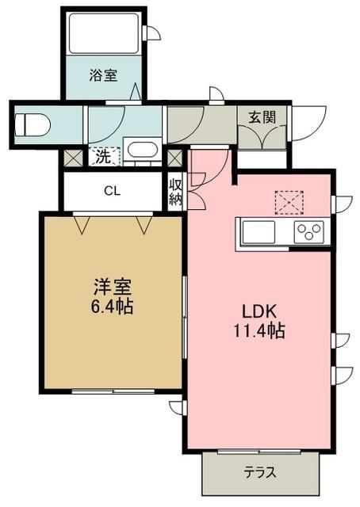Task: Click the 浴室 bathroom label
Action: [103, 75]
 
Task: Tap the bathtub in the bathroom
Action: [104, 33]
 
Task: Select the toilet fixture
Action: [33, 125]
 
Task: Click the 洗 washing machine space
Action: [104, 157]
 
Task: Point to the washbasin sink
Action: [143, 150]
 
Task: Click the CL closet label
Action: [113, 191]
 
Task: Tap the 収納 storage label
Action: [176, 192]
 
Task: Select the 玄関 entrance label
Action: [262, 117]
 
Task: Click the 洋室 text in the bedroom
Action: [113, 287]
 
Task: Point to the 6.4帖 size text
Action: [112, 307]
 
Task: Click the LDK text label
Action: [259, 311]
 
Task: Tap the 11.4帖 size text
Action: [259, 331]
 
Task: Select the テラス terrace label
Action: [260, 473]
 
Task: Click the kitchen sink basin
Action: [259, 232]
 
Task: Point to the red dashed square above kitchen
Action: [289, 203]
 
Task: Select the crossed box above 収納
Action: [174, 158]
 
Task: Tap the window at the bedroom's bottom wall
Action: [113, 391]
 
